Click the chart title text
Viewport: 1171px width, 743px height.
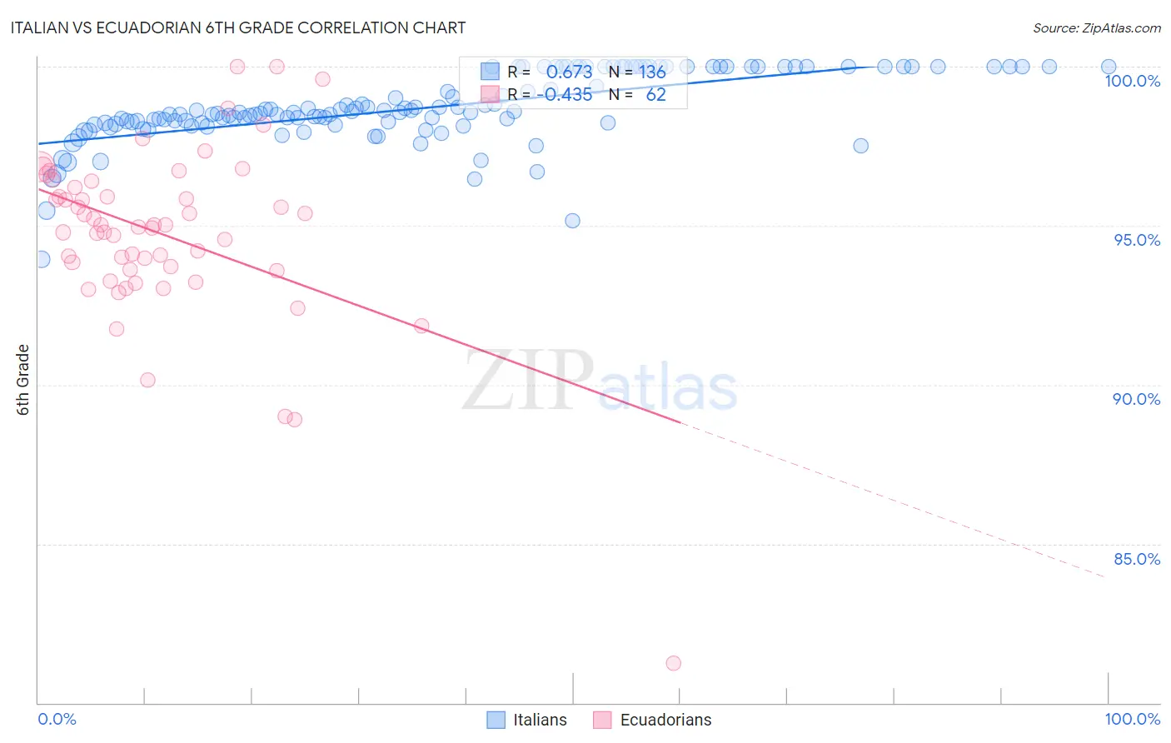pos(238,27)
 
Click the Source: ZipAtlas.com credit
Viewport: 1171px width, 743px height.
pos(1096,27)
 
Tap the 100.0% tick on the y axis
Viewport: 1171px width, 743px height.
pos(1132,81)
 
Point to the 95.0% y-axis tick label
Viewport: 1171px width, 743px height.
pos(1136,240)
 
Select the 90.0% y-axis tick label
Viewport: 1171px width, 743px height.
pos(1136,399)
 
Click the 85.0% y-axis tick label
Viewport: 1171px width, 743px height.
pos(1136,559)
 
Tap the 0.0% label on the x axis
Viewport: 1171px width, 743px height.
pos(57,719)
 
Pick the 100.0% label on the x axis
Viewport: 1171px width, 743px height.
pos(1132,719)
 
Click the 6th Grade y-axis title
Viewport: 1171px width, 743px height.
pos(23,379)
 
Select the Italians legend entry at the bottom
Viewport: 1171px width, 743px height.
pos(527,720)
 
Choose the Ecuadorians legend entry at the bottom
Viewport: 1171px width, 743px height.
pos(653,720)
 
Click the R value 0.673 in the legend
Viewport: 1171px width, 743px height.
pos(569,72)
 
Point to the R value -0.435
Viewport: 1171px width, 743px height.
pos(564,95)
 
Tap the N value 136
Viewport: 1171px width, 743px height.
pos(652,72)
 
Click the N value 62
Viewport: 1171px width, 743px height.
pos(655,95)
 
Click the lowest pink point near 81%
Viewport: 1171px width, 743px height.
pos(673,663)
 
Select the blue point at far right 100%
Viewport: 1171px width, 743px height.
pos(1108,67)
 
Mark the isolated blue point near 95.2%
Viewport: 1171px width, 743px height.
pos(572,221)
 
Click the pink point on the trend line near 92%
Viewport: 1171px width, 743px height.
pos(421,326)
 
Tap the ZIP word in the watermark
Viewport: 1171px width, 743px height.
pos(526,381)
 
